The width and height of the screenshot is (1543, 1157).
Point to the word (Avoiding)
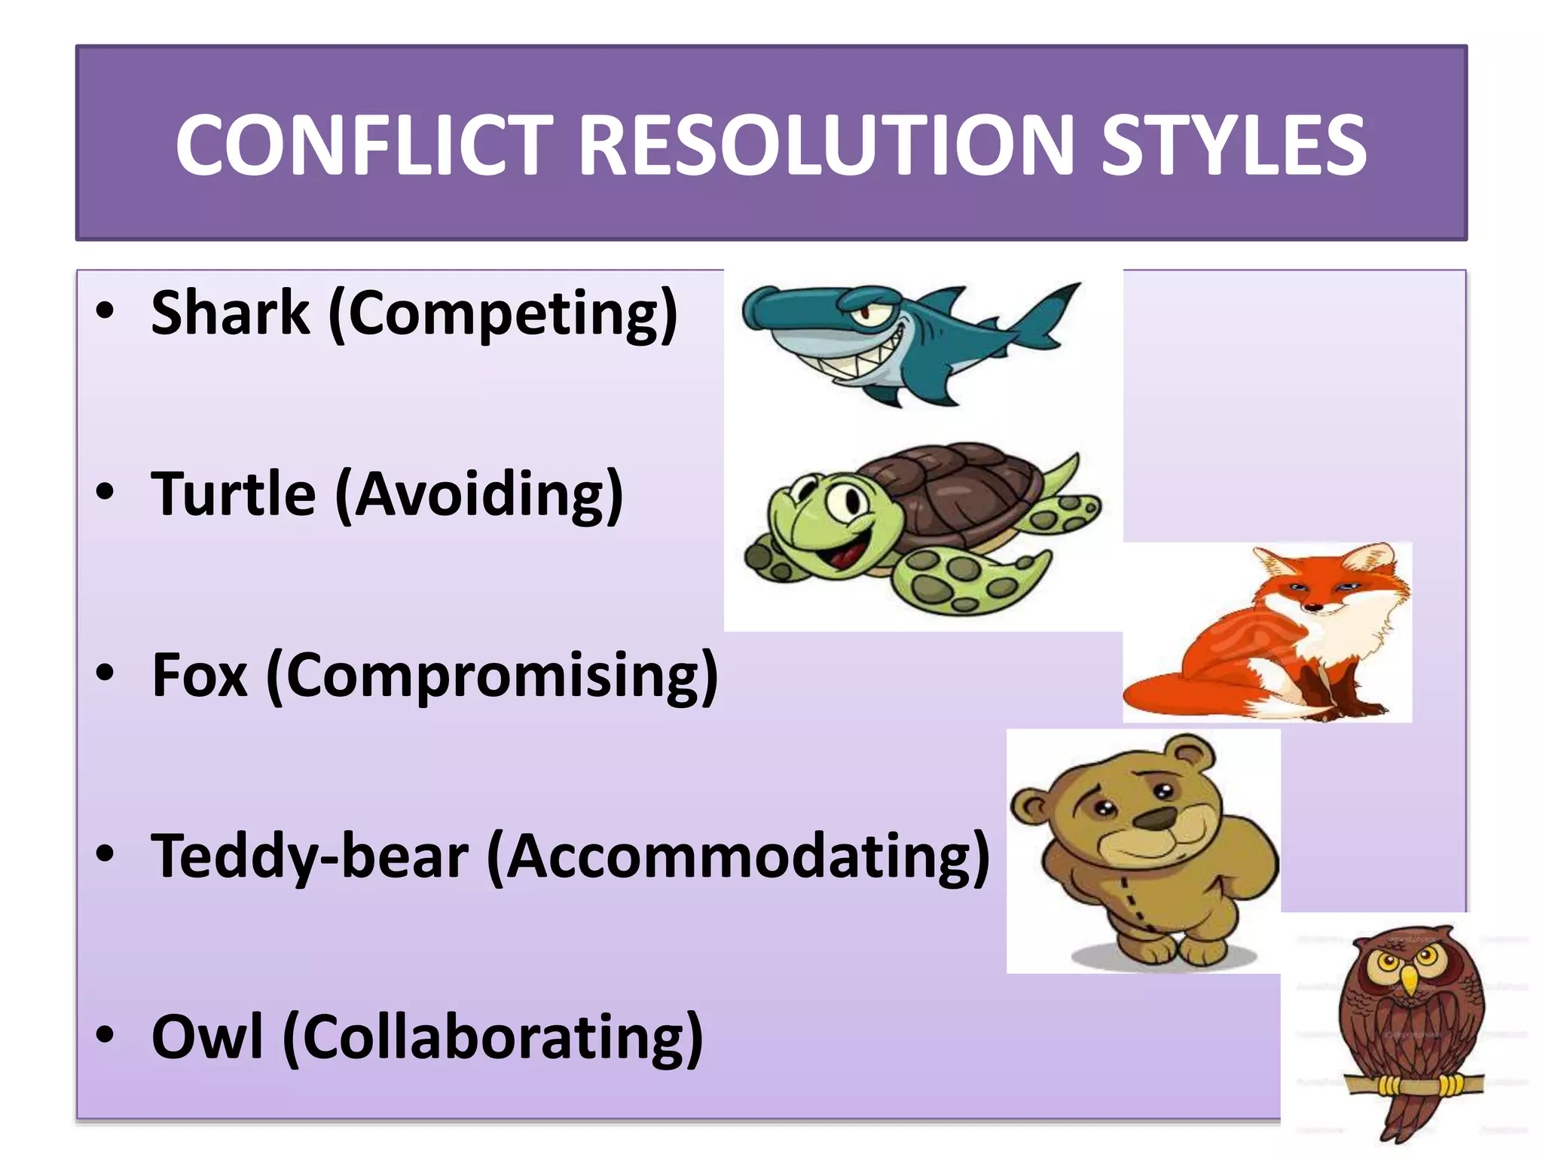(479, 494)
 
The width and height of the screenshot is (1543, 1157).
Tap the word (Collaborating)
(493, 1037)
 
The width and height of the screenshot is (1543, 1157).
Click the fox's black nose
(1313, 607)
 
